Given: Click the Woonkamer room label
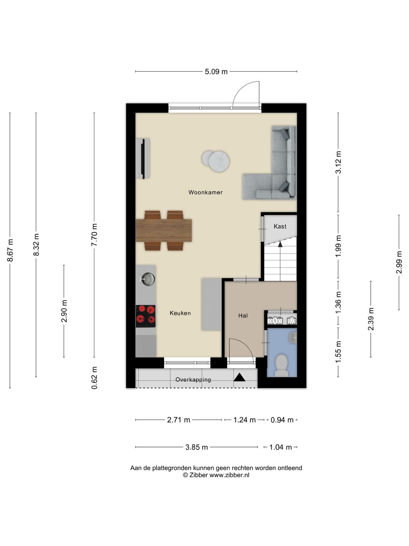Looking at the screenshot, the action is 205,192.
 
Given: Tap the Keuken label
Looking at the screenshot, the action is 180,313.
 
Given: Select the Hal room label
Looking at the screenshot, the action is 243,316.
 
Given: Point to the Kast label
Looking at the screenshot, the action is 280,226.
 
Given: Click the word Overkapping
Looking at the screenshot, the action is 193,380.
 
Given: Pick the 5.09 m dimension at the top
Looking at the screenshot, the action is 216,72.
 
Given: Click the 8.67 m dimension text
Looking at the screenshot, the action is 10,250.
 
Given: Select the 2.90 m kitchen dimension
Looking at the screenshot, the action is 64,311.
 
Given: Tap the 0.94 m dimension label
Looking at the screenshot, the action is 282,420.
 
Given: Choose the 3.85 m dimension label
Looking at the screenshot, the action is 197,447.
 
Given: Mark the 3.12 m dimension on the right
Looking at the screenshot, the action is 338,162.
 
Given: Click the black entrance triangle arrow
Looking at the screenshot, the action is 239,377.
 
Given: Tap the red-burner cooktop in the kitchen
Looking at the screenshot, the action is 145,316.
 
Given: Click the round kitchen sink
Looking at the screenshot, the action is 148,279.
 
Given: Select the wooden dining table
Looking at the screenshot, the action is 164,230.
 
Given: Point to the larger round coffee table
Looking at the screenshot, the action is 219,161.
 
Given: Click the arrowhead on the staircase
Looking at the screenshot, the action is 280,244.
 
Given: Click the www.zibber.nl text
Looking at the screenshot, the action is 229,475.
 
